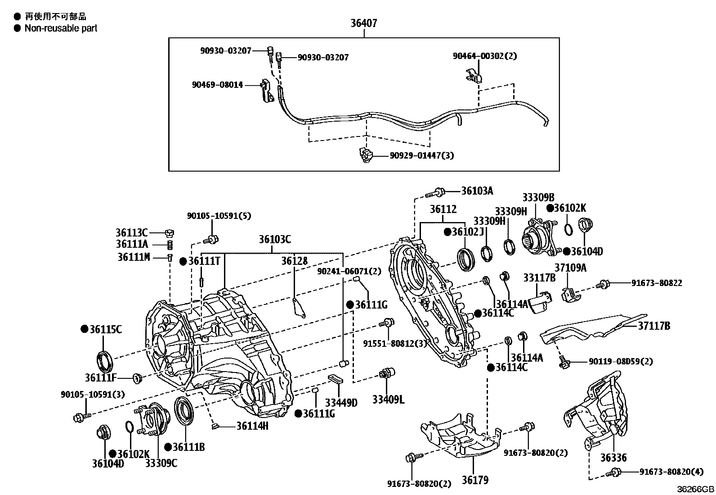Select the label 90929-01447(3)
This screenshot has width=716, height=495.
422,156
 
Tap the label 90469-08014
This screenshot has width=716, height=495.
217,85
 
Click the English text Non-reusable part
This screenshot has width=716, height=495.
61,28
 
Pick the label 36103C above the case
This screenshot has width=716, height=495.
274,240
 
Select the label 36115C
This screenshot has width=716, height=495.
105,329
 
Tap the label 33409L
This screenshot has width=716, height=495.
388,399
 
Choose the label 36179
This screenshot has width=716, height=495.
474,480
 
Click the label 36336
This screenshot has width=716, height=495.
613,458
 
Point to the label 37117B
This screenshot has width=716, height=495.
654,326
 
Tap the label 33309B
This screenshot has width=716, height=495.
538,197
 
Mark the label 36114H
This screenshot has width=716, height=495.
252,426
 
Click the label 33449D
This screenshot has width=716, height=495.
341,402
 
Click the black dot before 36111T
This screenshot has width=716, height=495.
183,261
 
